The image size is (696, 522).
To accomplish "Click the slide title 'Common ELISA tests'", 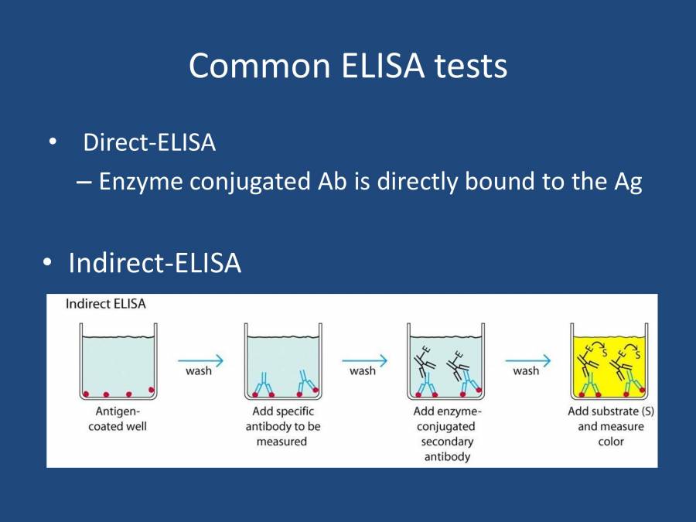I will [348, 67].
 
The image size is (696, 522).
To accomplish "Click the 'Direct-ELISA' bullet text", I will [149, 143].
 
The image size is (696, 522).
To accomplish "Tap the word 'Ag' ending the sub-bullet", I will [627, 182].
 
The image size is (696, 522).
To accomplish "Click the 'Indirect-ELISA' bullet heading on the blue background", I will [155, 264].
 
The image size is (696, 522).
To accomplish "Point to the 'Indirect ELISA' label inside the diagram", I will [105, 304].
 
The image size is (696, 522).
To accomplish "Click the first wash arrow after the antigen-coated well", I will [200, 360].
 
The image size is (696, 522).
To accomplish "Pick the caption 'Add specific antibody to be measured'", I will [282, 426].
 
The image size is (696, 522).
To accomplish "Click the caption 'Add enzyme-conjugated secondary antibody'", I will [446, 434].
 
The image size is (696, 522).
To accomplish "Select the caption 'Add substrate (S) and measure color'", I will [611, 426].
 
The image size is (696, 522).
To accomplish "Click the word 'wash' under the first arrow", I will [199, 371].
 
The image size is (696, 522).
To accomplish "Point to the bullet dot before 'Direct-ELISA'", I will [52, 143].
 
